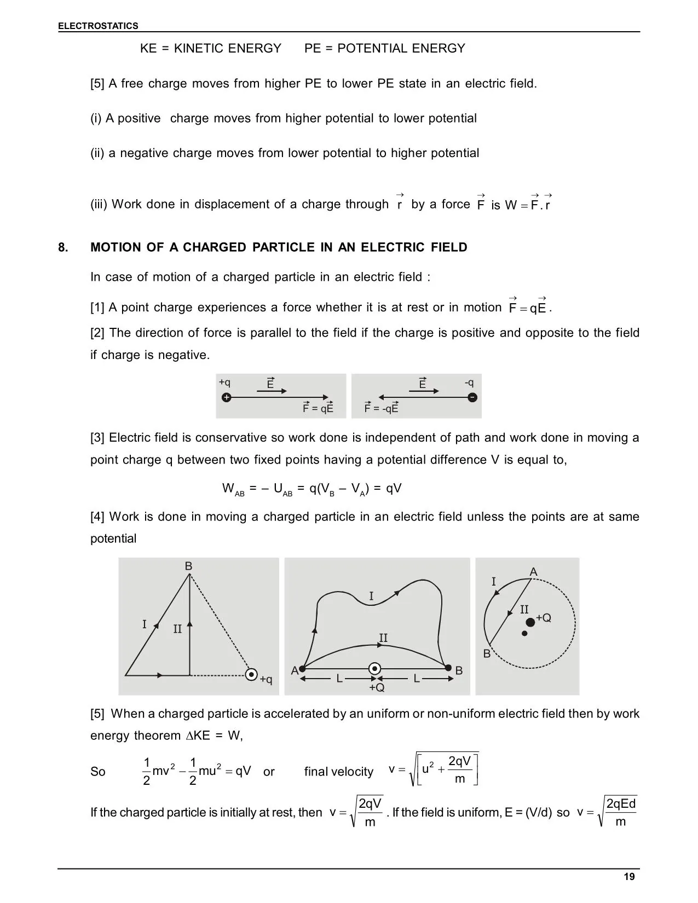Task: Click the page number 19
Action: pyautogui.click(x=629, y=877)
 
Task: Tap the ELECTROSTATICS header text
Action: pyautogui.click(x=98, y=26)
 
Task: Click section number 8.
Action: pyautogui.click(x=64, y=247)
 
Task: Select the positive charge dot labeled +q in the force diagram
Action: pyautogui.click(x=226, y=397)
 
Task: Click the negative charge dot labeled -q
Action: pyautogui.click(x=472, y=397)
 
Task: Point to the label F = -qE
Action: pyautogui.click(x=381, y=408)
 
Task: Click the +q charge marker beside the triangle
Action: pyautogui.click(x=251, y=675)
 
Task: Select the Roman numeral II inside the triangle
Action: pyautogui.click(x=177, y=629)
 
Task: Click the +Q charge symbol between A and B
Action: pyautogui.click(x=375, y=668)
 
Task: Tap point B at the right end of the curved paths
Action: pyautogui.click(x=448, y=668)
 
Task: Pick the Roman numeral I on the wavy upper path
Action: pyautogui.click(x=371, y=596)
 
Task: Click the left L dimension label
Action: pyautogui.click(x=339, y=679)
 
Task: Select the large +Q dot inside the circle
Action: pyautogui.click(x=530, y=622)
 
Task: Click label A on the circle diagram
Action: pyautogui.click(x=533, y=572)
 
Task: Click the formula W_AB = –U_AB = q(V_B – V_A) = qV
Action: pyautogui.click(x=311, y=489)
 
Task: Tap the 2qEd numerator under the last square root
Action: pyautogui.click(x=621, y=803)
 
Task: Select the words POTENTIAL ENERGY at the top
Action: pyautogui.click(x=401, y=49)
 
